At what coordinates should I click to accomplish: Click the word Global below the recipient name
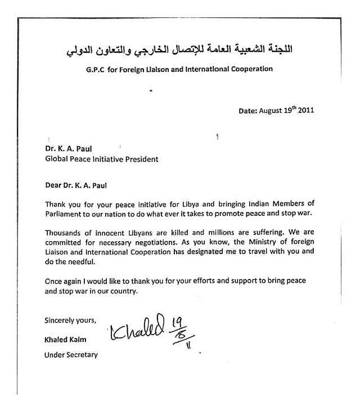(x=58, y=159)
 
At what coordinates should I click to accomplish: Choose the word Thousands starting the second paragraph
(x=65, y=232)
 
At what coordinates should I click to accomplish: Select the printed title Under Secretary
(x=71, y=355)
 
